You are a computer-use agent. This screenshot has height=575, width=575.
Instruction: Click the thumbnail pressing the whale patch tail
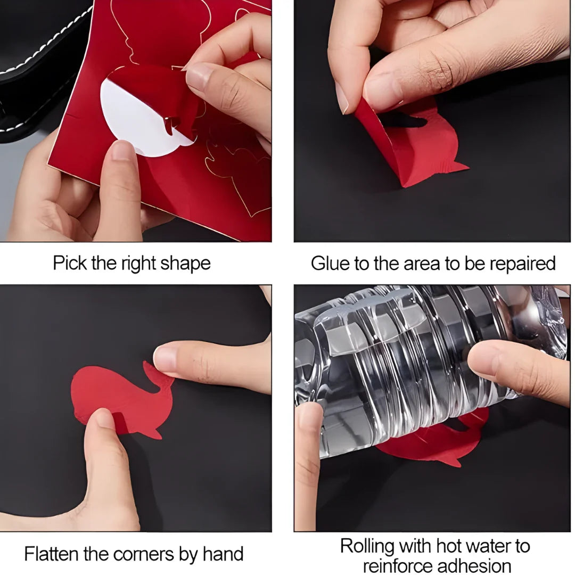pos(164,358)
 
